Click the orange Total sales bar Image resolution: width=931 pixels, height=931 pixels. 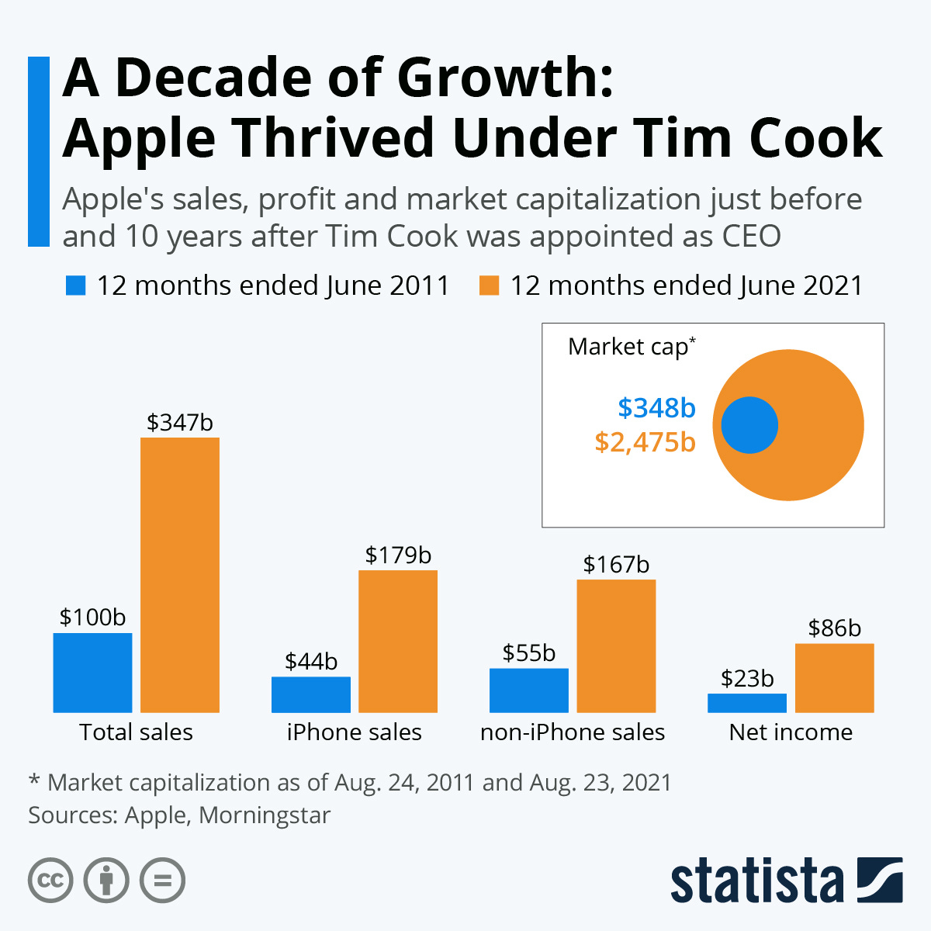[x=180, y=575]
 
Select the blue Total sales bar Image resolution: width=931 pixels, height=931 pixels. [x=92, y=673]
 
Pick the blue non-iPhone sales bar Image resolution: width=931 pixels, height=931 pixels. [x=528, y=690]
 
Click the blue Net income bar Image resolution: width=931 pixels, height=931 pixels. [x=746, y=703]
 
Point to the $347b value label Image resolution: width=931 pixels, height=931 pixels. [x=180, y=423]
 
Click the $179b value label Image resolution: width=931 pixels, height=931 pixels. [x=398, y=555]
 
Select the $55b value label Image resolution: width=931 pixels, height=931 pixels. [x=528, y=653]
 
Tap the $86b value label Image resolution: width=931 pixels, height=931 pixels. [x=834, y=628]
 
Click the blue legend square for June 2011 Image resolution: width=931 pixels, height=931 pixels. [x=75, y=286]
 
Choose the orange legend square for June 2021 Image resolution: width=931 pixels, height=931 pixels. [x=489, y=286]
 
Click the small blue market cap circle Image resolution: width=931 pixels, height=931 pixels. [x=749, y=425]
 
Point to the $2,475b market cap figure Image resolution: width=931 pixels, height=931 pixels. [x=645, y=442]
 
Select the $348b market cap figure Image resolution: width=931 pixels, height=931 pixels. [x=656, y=407]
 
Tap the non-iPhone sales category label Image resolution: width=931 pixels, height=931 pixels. [x=573, y=732]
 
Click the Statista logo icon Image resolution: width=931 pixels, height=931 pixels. [x=879, y=880]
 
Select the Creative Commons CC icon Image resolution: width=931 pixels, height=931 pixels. [x=50, y=881]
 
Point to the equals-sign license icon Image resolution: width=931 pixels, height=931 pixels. [x=162, y=881]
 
